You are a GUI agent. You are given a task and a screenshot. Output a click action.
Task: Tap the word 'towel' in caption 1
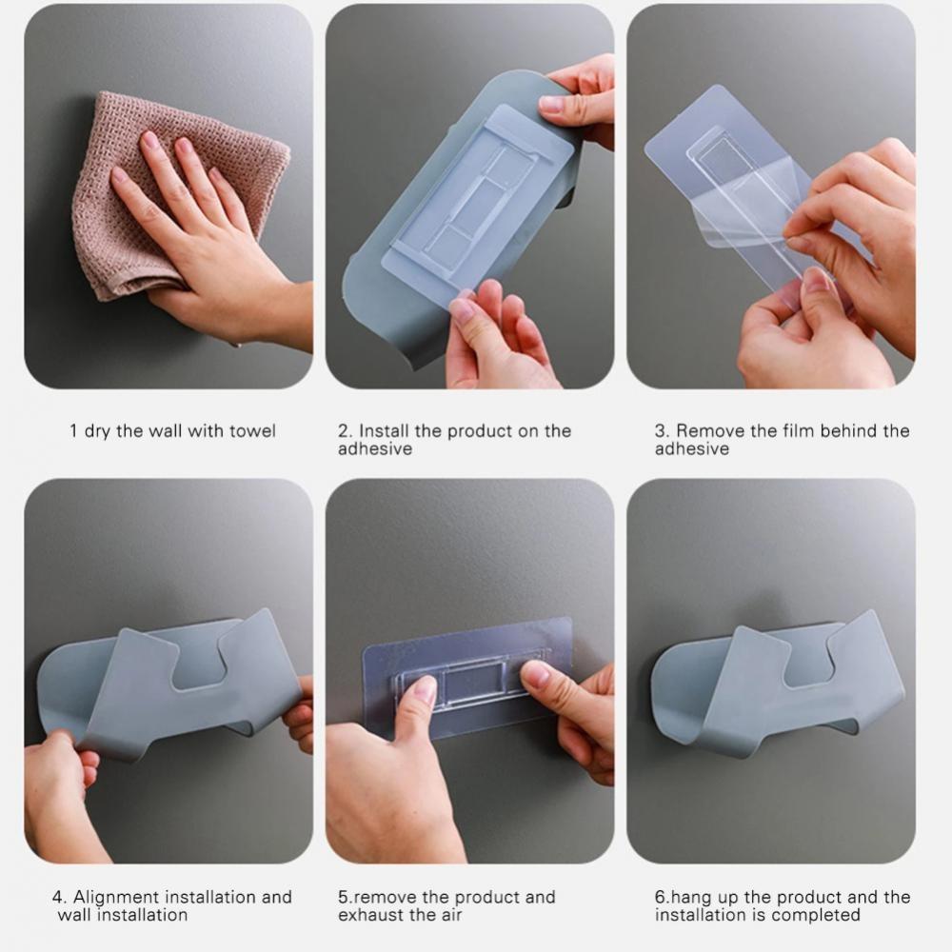click(252, 431)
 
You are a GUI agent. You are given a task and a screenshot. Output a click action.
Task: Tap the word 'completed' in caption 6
click(816, 915)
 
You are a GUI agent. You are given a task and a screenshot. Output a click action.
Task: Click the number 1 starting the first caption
click(73, 431)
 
